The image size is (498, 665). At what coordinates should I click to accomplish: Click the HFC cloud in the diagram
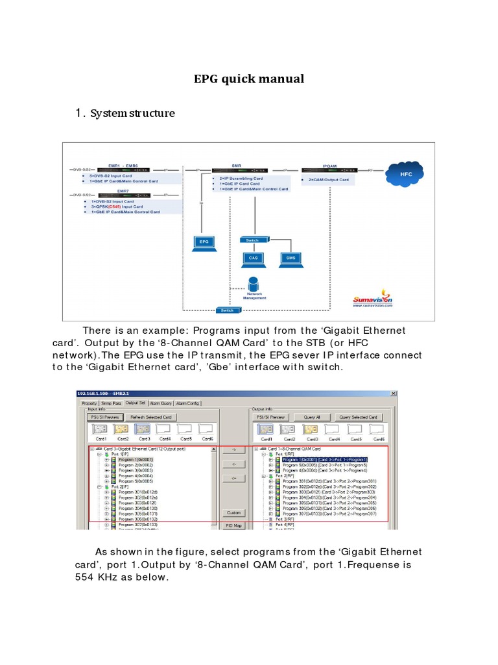[x=406, y=174]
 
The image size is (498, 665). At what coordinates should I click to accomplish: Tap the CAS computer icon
[x=253, y=258]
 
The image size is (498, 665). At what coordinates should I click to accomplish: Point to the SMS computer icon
[x=290, y=258]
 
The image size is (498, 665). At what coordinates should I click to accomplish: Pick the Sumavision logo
[x=373, y=298]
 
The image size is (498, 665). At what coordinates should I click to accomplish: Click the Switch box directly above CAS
[x=252, y=240]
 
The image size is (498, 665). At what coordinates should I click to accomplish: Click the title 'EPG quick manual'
[x=249, y=79]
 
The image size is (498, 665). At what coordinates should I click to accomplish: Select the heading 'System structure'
[x=132, y=113]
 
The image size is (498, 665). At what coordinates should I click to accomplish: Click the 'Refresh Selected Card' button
[x=150, y=417]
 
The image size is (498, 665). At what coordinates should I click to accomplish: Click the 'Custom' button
[x=233, y=512]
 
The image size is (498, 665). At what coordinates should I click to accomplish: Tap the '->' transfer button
[x=233, y=449]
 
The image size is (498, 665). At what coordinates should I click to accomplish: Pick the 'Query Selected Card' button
[x=359, y=417]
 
